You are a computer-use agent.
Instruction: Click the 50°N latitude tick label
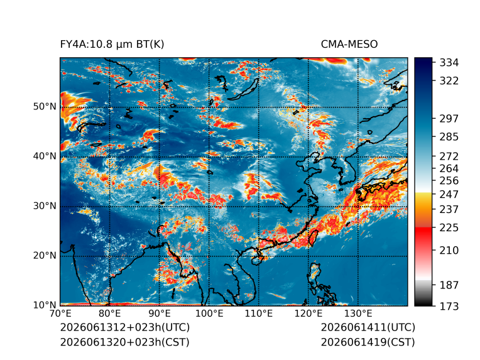pyautogui.click(x=45, y=107)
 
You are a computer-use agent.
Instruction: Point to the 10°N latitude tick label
pyautogui.click(x=45, y=305)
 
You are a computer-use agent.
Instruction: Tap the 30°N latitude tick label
pyautogui.click(x=45, y=205)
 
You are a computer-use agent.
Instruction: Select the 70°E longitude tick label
pyautogui.click(x=60, y=314)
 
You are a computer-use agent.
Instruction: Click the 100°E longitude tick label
pyautogui.click(x=209, y=314)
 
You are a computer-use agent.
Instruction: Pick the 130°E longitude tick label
pyautogui.click(x=358, y=314)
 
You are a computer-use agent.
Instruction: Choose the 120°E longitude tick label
pyautogui.click(x=308, y=314)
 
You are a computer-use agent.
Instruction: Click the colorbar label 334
pyautogui.click(x=449, y=63)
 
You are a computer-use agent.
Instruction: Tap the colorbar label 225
pyautogui.click(x=449, y=228)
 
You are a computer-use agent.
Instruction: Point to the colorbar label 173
pyautogui.click(x=449, y=306)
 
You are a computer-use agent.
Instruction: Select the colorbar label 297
pyautogui.click(x=449, y=119)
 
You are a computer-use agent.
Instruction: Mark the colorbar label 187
pyautogui.click(x=449, y=285)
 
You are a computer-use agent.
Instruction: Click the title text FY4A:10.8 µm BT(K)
pyautogui.click(x=112, y=45)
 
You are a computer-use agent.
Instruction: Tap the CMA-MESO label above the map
pyautogui.click(x=349, y=45)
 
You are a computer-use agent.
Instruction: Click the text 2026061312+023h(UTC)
pyautogui.click(x=125, y=327)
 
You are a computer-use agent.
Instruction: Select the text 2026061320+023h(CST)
pyautogui.click(x=124, y=342)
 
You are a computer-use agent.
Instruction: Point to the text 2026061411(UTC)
pyautogui.click(x=368, y=327)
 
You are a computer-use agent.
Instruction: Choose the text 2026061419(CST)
pyautogui.click(x=368, y=342)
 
